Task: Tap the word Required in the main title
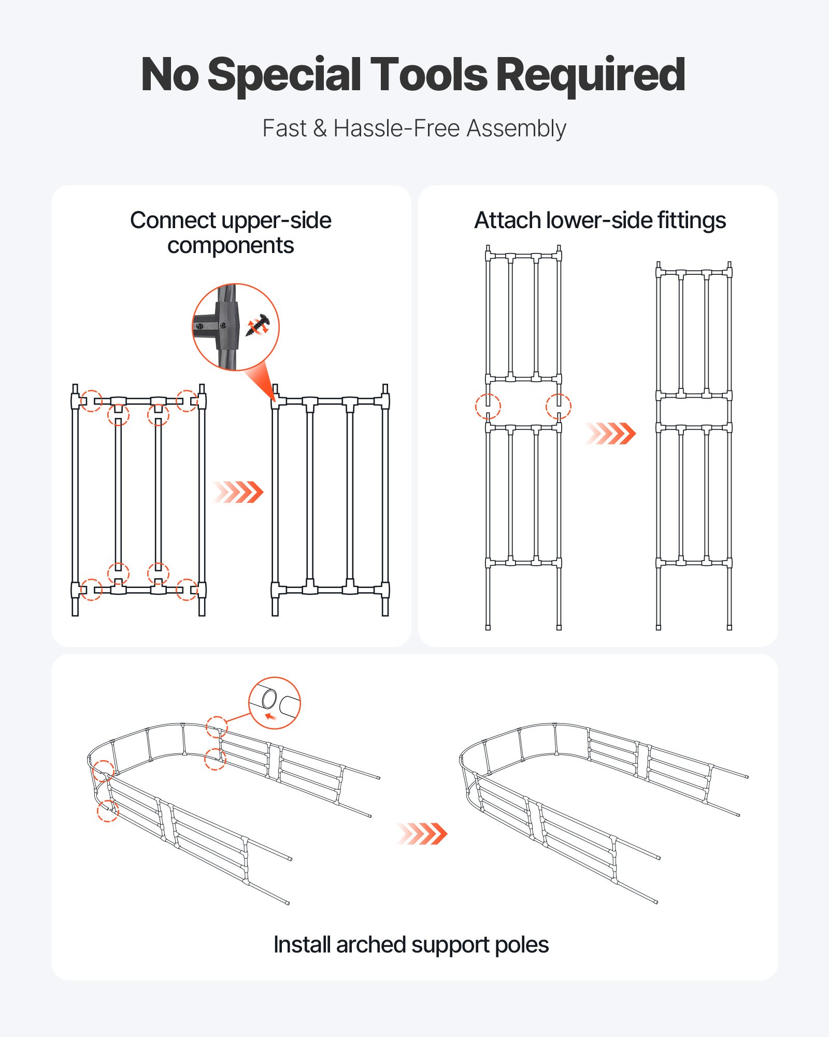point(591,75)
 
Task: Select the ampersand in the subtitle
point(320,129)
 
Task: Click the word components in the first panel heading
point(231,246)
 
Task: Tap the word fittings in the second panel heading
point(691,221)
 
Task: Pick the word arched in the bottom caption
point(370,945)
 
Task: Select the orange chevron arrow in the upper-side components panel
point(239,492)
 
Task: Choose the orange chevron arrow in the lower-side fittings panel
point(611,433)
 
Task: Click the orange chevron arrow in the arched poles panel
point(422,834)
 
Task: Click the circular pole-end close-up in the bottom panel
point(274,703)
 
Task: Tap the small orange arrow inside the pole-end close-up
point(270,717)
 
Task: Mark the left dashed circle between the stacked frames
point(488,406)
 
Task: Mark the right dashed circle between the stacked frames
point(559,406)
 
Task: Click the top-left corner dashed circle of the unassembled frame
point(92,401)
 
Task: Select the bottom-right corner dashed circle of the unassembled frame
point(187,590)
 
